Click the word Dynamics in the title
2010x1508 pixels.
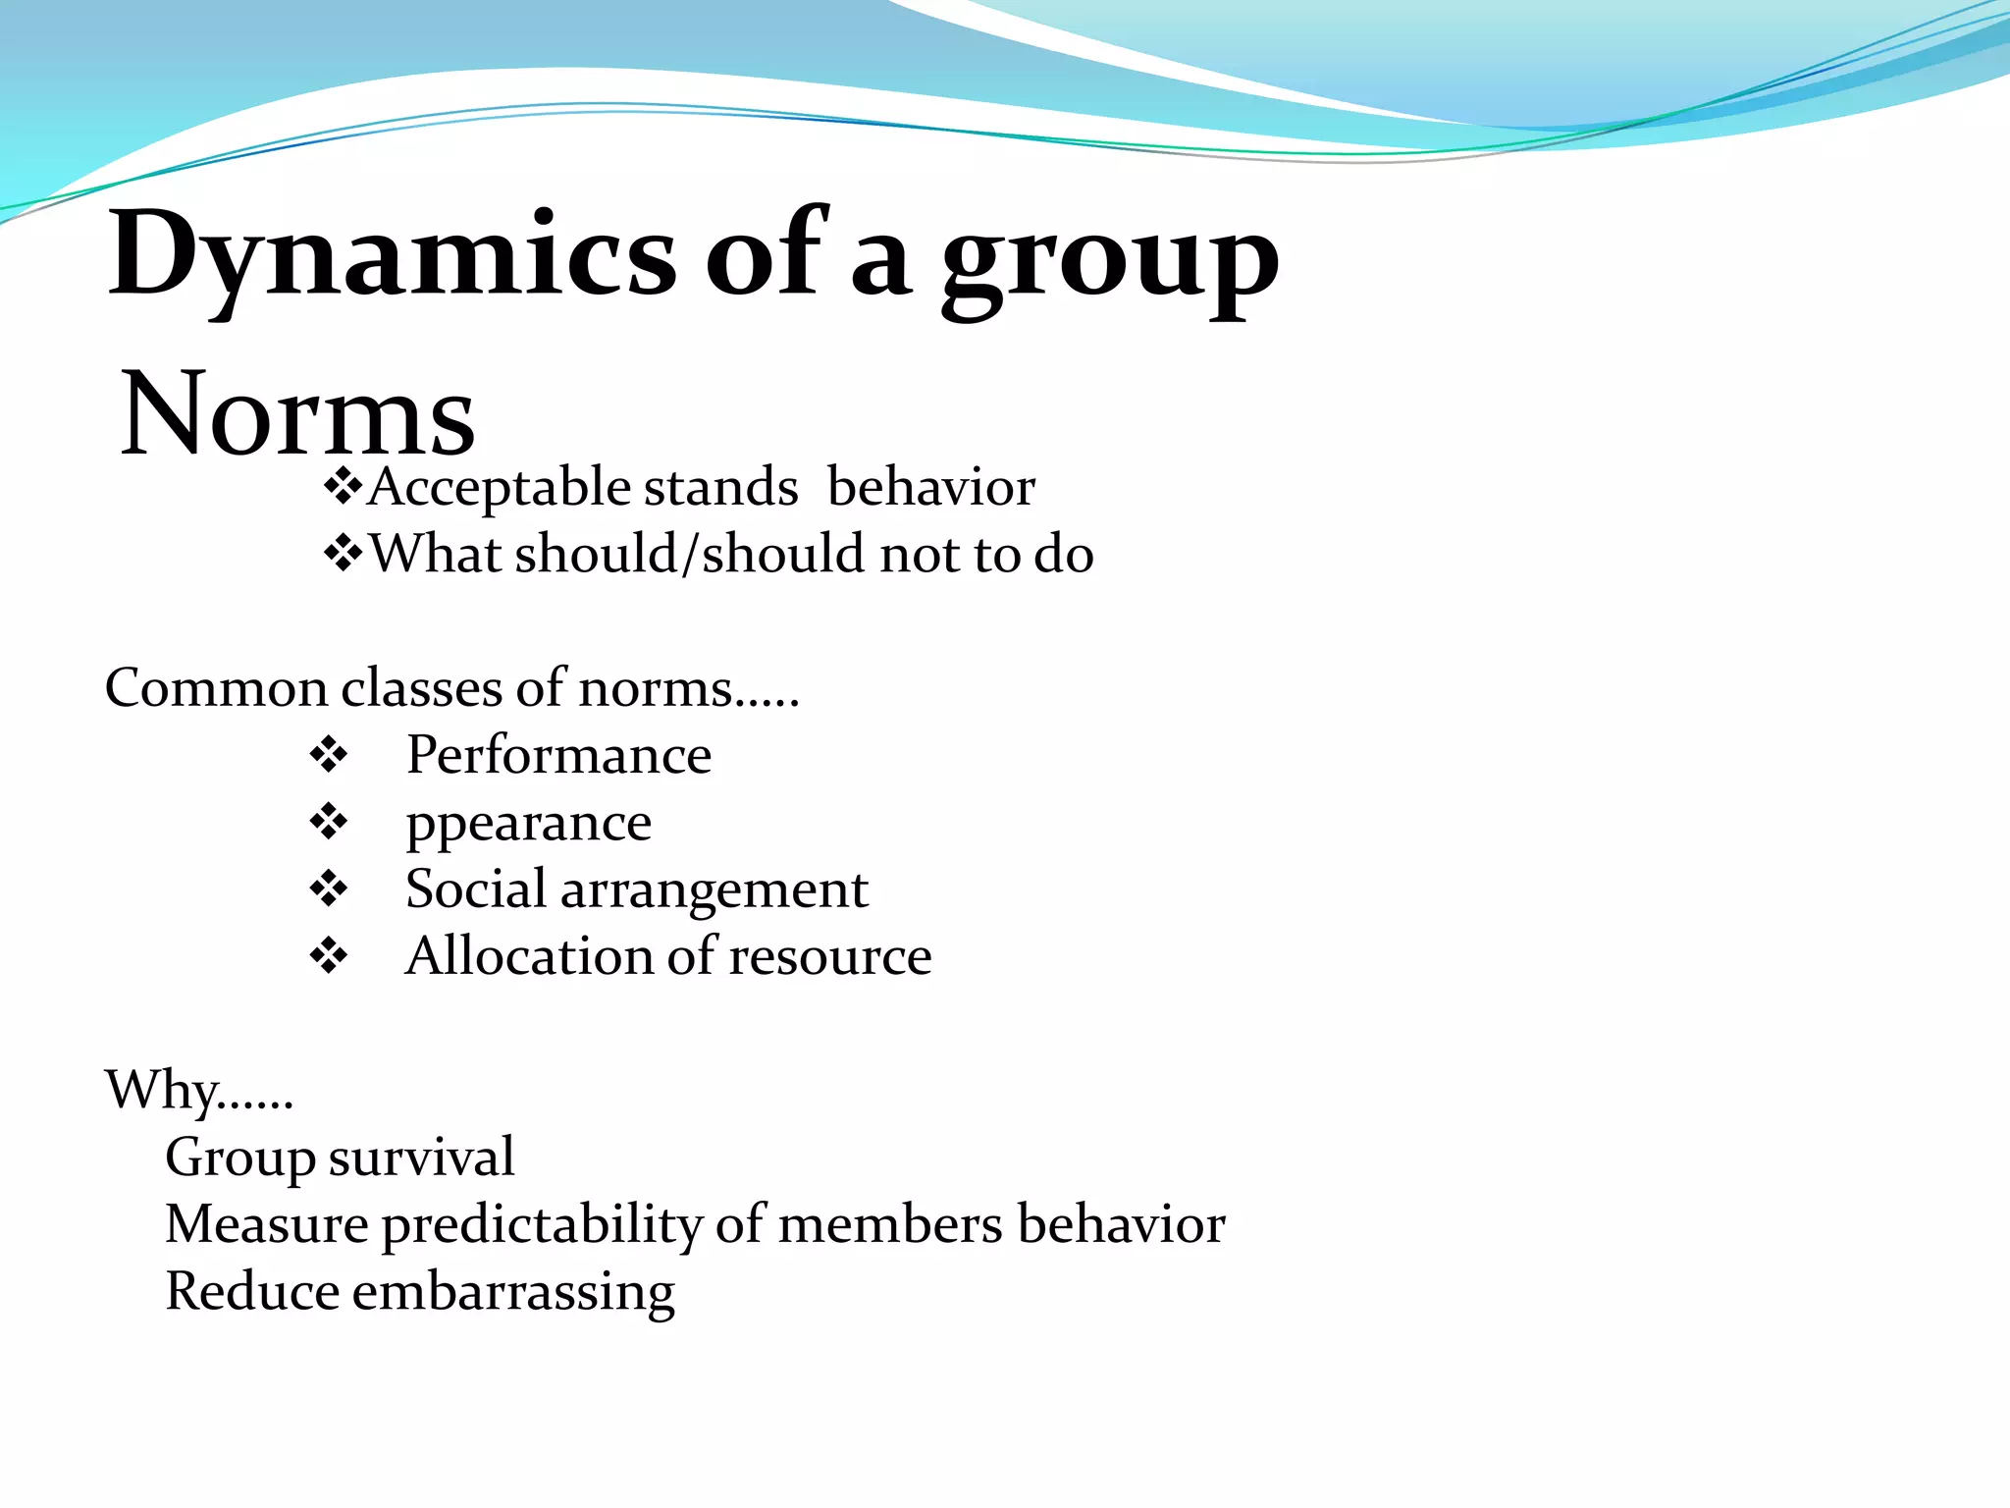[x=393, y=257]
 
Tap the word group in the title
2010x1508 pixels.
[x=1110, y=263]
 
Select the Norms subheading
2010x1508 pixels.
[x=297, y=414]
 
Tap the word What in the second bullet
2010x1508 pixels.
[x=435, y=554]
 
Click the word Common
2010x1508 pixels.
[x=216, y=688]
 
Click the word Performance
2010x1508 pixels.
[x=558, y=755]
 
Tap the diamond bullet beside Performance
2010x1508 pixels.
[x=328, y=756]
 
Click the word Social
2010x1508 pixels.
[x=476, y=889]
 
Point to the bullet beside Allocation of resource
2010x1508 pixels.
[x=328, y=956]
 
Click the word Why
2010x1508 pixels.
[x=162, y=1091]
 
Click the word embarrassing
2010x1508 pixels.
[x=513, y=1292]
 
